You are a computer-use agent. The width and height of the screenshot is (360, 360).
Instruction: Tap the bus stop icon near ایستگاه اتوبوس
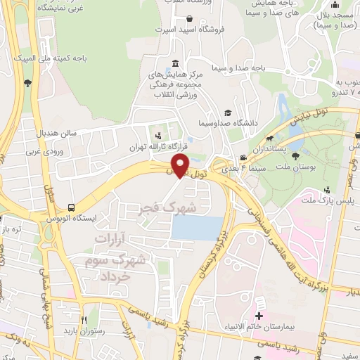(x=71, y=208)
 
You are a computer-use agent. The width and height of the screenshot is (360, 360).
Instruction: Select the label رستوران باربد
(x=84, y=330)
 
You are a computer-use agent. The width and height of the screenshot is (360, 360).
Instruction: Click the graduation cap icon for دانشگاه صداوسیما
(x=228, y=112)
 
